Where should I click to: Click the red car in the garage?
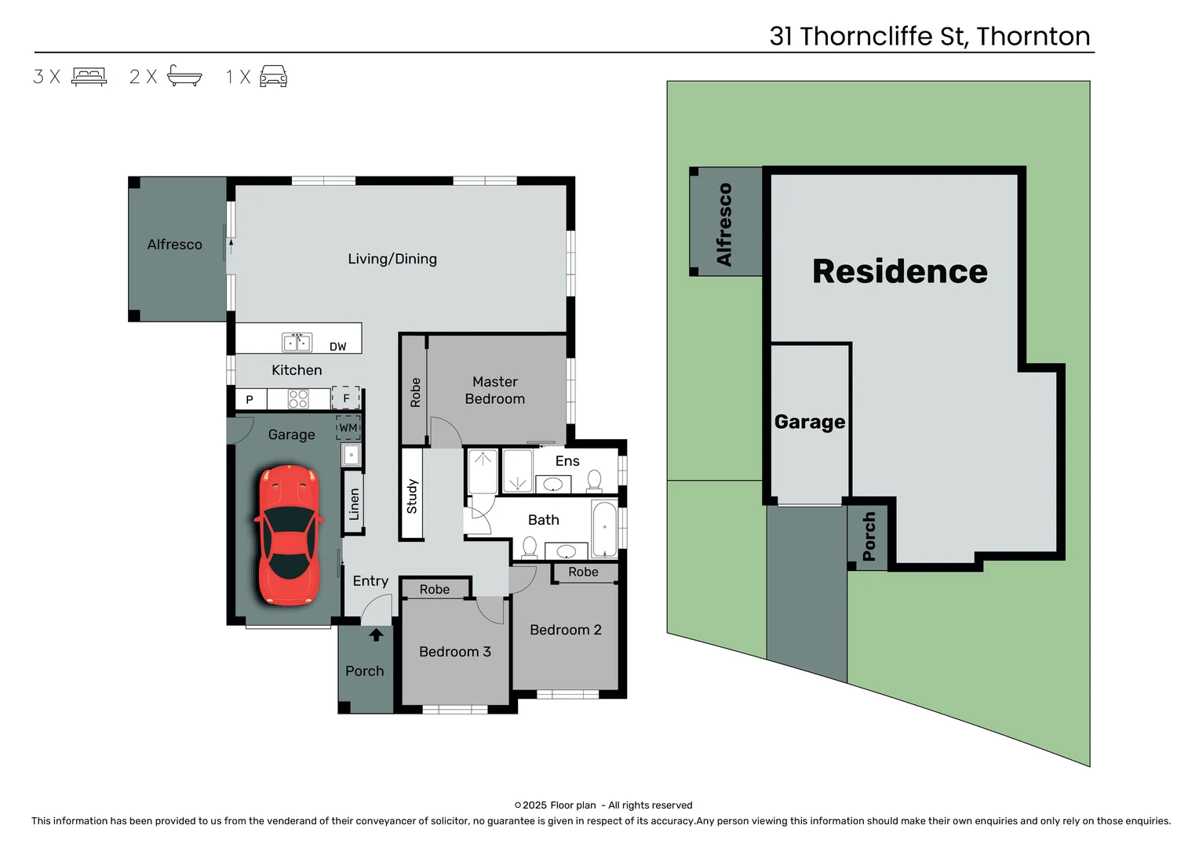pyautogui.click(x=288, y=535)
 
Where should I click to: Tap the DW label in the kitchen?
pyautogui.click(x=337, y=347)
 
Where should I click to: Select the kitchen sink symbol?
pyautogui.click(x=297, y=343)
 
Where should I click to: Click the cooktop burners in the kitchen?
pyautogui.click(x=298, y=399)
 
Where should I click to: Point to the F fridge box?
pyautogui.click(x=346, y=398)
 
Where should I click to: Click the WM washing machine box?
pyautogui.click(x=348, y=428)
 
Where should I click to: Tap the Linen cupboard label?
pyautogui.click(x=354, y=504)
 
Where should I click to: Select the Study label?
pyautogui.click(x=412, y=496)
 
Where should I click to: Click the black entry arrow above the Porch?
pyautogui.click(x=377, y=634)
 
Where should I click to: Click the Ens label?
pyautogui.click(x=567, y=461)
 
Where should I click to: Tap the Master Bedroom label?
pyautogui.click(x=495, y=391)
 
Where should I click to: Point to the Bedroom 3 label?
pyautogui.click(x=455, y=652)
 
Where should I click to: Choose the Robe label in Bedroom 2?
pyautogui.click(x=583, y=573)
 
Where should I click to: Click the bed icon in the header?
pyautogui.click(x=89, y=76)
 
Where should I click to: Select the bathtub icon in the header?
pyautogui.click(x=184, y=76)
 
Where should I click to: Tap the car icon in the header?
pyautogui.click(x=273, y=76)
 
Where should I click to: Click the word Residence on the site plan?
pyautogui.click(x=900, y=271)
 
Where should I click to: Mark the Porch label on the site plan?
pyautogui.click(x=869, y=536)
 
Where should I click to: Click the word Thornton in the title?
pyautogui.click(x=1033, y=36)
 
